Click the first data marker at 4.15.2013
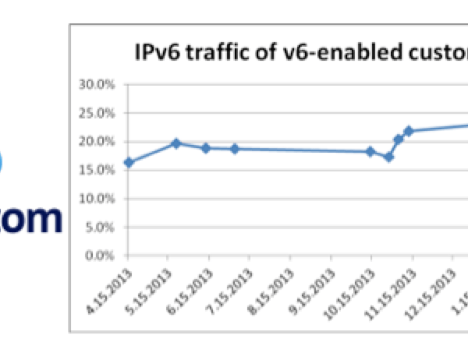pyautogui.click(x=129, y=162)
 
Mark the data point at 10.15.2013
pyautogui.click(x=371, y=151)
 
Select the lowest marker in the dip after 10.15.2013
pyautogui.click(x=388, y=157)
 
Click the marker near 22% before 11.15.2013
pyautogui.click(x=408, y=131)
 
